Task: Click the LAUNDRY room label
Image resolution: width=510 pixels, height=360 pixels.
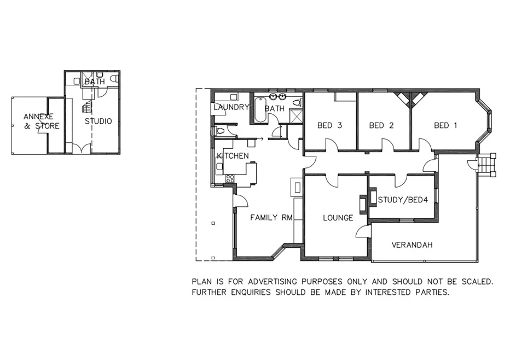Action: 231,107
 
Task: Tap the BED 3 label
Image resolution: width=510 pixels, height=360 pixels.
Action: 329,125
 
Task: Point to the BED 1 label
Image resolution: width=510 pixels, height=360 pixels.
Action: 445,125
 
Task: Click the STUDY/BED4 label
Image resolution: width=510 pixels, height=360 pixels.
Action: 403,200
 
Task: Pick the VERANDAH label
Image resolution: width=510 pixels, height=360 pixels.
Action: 412,245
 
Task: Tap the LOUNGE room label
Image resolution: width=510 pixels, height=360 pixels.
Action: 338,218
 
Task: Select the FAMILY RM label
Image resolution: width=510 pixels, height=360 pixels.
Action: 271,218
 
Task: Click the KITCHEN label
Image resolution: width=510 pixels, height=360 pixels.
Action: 233,156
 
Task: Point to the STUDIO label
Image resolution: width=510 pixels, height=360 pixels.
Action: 98,121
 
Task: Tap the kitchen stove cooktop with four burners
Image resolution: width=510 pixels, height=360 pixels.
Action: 230,178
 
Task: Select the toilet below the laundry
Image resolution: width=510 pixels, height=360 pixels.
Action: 219,131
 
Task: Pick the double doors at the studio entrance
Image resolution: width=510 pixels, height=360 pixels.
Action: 81,148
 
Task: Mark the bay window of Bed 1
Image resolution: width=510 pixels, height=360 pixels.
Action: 485,121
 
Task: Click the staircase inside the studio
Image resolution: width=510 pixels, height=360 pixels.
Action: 86,104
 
